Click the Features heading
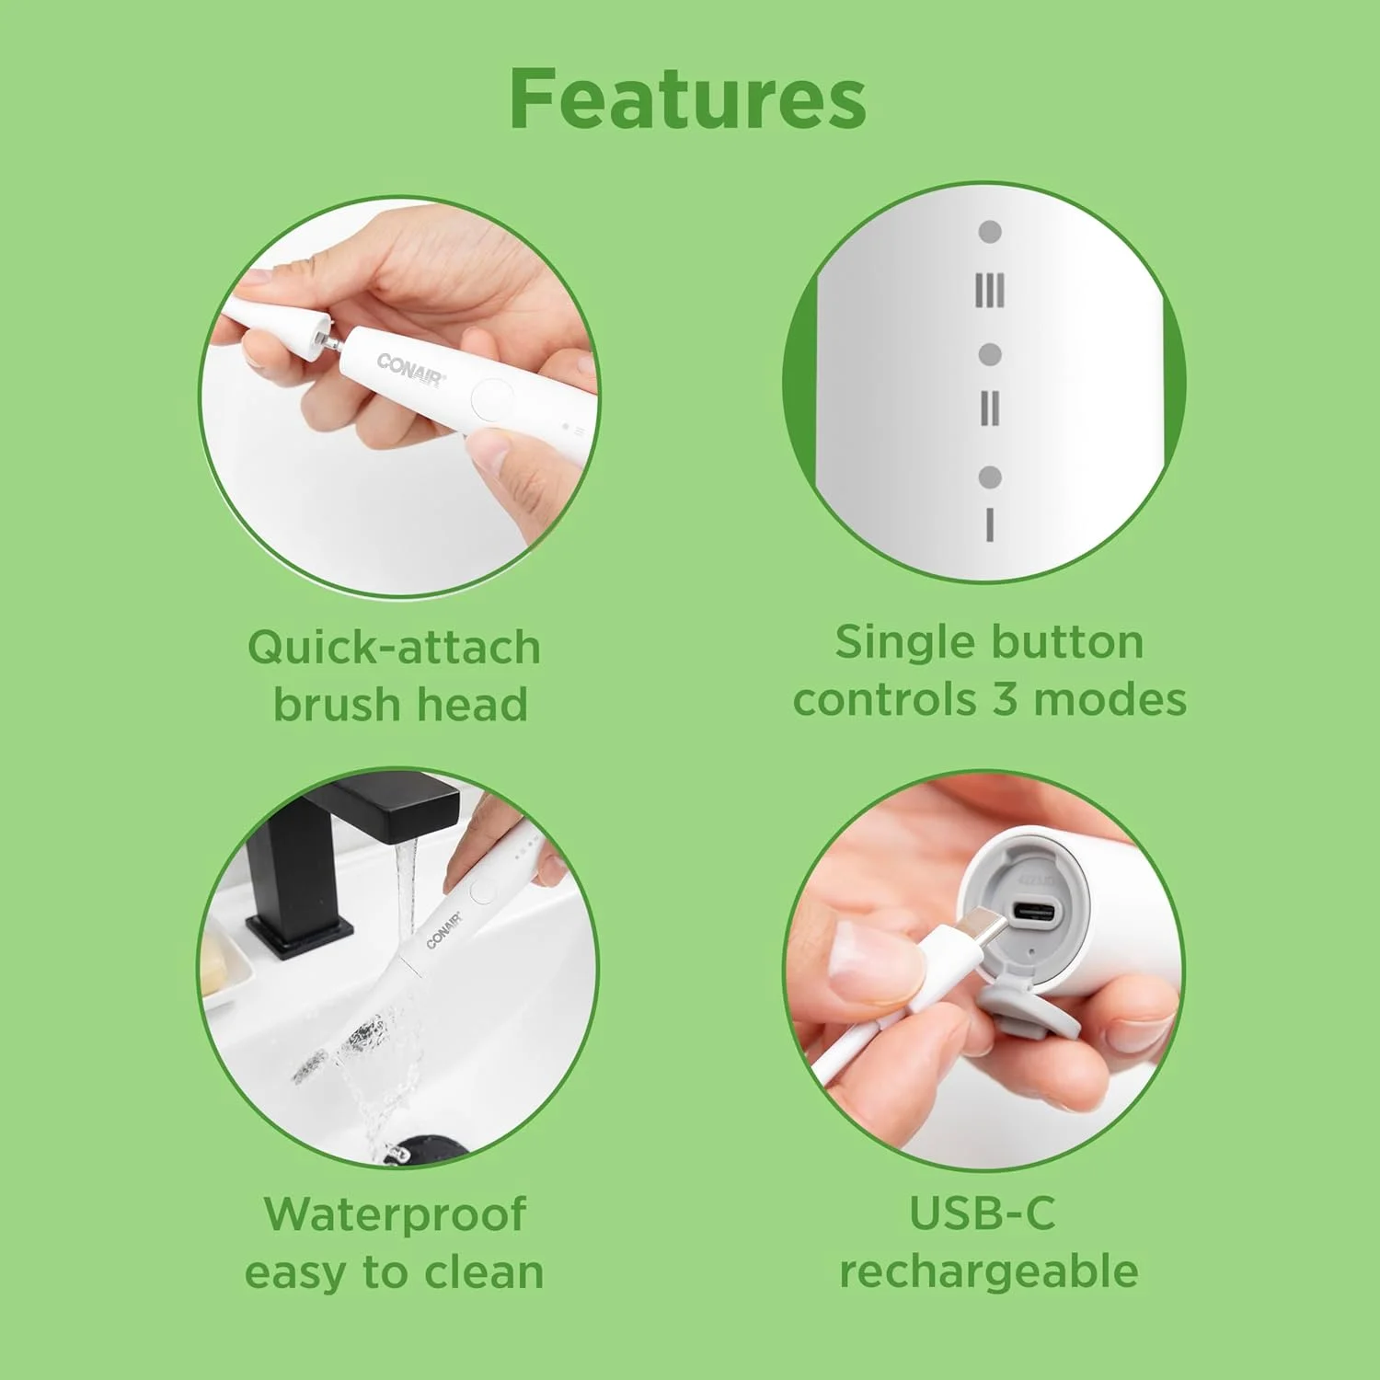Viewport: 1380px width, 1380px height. [x=687, y=98]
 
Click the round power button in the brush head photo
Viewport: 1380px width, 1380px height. [x=493, y=400]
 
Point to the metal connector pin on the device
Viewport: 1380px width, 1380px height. [x=328, y=340]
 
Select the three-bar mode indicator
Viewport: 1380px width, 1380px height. [x=990, y=291]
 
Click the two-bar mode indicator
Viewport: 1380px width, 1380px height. [x=990, y=408]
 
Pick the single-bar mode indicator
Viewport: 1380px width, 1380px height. [x=990, y=524]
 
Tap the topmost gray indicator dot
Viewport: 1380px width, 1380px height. [x=990, y=232]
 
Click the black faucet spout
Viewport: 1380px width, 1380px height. [x=396, y=810]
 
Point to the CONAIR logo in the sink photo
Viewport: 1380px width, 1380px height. [x=443, y=929]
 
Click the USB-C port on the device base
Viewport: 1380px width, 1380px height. [x=1034, y=914]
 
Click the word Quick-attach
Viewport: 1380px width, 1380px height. [x=394, y=647]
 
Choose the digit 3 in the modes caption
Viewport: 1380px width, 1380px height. [x=1005, y=700]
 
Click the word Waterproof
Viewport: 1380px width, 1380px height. [x=395, y=1214]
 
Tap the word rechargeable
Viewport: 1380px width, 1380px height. [x=989, y=1273]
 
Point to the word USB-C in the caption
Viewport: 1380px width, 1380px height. [x=983, y=1213]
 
